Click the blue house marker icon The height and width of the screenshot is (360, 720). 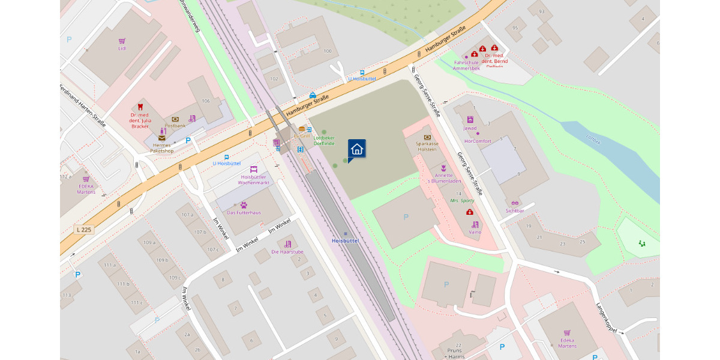click(x=356, y=149)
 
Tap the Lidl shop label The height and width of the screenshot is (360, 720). click(x=122, y=48)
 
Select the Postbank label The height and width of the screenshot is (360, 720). click(x=175, y=125)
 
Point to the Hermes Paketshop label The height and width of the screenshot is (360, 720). click(x=161, y=148)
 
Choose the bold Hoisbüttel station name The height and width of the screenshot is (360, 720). click(x=345, y=241)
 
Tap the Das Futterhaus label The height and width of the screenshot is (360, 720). click(x=244, y=212)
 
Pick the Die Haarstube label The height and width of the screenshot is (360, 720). click(x=287, y=251)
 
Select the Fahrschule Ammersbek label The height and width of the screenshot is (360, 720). click(x=466, y=65)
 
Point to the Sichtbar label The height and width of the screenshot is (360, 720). click(x=515, y=211)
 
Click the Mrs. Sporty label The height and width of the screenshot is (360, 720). click(x=462, y=200)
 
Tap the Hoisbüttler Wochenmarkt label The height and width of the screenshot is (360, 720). click(x=254, y=179)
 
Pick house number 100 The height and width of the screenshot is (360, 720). click(x=327, y=51)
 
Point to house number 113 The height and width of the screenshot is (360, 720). click(x=66, y=295)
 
